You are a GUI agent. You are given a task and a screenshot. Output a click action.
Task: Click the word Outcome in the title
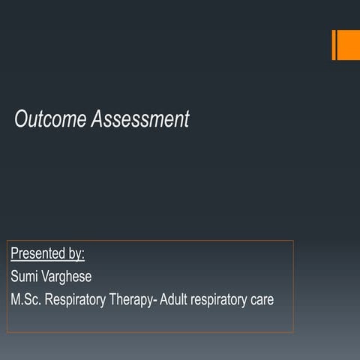(51, 119)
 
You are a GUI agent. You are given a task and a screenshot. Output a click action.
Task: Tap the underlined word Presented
(37, 252)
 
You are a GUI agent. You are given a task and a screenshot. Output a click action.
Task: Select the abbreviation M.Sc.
(26, 299)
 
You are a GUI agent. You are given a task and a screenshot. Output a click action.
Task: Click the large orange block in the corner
(349, 44)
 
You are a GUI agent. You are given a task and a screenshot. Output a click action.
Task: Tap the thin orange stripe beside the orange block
(334, 44)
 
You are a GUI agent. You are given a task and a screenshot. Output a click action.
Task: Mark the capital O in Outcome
(22, 119)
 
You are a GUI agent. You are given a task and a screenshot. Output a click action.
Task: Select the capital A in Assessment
(97, 119)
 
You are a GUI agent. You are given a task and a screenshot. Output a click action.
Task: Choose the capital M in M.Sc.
(16, 299)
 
